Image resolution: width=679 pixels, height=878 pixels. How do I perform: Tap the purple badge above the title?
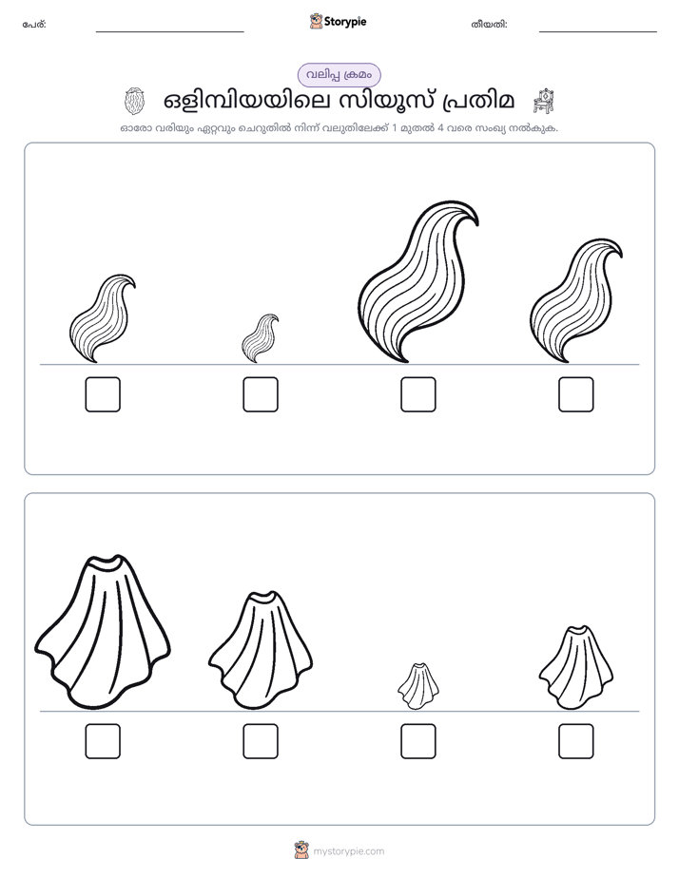[x=339, y=75]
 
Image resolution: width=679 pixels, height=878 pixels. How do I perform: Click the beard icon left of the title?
[x=134, y=101]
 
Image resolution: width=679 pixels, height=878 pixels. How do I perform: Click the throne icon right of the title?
[x=543, y=101]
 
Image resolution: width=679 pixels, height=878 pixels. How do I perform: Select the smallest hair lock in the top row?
[x=260, y=338]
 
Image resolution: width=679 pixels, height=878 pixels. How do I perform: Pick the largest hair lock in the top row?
[x=417, y=281]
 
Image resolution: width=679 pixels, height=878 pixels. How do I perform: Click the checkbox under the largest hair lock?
[x=417, y=394]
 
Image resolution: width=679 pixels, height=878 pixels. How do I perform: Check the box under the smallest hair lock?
[x=261, y=394]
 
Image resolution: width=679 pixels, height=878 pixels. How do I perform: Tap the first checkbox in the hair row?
[x=103, y=394]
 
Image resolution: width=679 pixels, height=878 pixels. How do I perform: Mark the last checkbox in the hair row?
[x=576, y=394]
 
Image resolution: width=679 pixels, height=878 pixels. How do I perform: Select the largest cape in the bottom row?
[x=103, y=632]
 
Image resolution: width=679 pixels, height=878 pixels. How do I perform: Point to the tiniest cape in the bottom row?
[x=417, y=686]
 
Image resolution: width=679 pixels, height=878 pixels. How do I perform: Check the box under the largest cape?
[x=103, y=741]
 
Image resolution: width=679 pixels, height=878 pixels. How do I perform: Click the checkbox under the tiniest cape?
[x=417, y=741]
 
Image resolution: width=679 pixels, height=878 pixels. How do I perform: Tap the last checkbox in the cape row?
[x=576, y=741]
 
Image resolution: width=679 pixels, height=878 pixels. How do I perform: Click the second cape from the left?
[x=261, y=650]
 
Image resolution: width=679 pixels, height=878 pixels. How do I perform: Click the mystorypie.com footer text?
[x=348, y=851]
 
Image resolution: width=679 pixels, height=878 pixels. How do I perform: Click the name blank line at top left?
[x=169, y=32]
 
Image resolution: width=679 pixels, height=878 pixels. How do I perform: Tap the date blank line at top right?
[x=598, y=32]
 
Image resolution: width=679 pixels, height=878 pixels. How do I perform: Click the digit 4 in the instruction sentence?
[x=441, y=127]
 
